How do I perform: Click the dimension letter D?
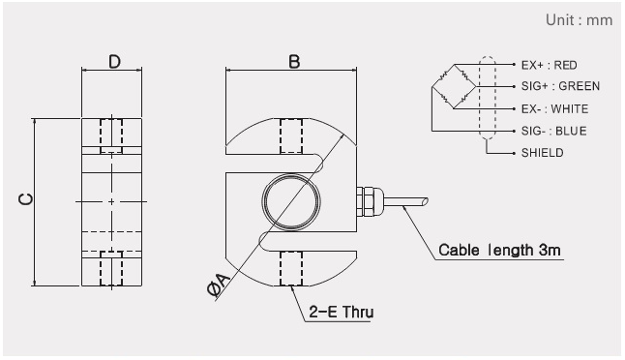pos(114,62)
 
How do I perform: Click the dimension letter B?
pos(294,62)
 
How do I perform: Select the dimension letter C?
pos(26,199)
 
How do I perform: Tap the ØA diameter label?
pos(219,285)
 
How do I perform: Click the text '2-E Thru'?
pos(342,312)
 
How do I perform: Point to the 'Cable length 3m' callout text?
pos(499,250)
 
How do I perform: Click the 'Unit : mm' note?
pos(579,20)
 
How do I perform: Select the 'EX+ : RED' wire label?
pos(549,65)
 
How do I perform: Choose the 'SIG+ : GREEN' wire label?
pos(560,86)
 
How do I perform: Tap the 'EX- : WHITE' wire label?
pos(554,108)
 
